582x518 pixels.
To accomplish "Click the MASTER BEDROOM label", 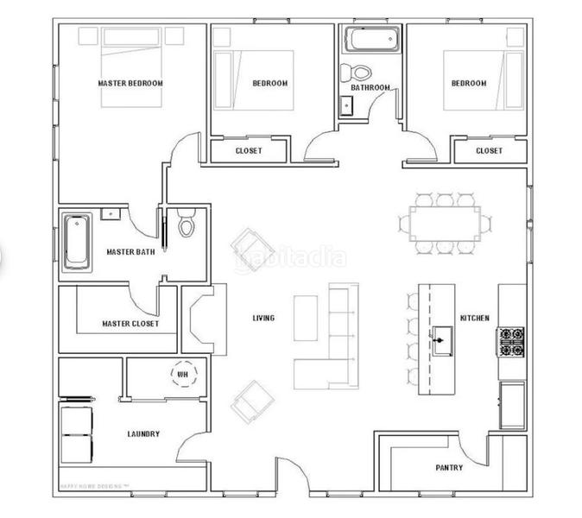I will [x=130, y=84].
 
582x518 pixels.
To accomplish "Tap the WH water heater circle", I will [x=183, y=375].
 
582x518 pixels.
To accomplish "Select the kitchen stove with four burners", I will [x=509, y=342].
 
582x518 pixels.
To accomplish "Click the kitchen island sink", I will [x=443, y=339].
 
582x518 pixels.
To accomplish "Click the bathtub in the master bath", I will [x=77, y=241].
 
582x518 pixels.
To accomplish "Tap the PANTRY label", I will [x=449, y=468].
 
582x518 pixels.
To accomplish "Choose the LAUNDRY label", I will [x=142, y=434].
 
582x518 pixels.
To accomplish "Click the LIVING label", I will [x=263, y=319].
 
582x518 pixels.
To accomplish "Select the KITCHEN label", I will [x=475, y=319].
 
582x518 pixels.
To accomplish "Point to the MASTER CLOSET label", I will [x=130, y=325].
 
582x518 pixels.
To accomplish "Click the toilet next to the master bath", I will [x=187, y=226].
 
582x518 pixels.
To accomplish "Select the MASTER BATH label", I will [x=130, y=253].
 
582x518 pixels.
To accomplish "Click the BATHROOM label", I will [x=370, y=87].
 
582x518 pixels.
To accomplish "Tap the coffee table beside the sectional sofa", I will [x=306, y=319].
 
